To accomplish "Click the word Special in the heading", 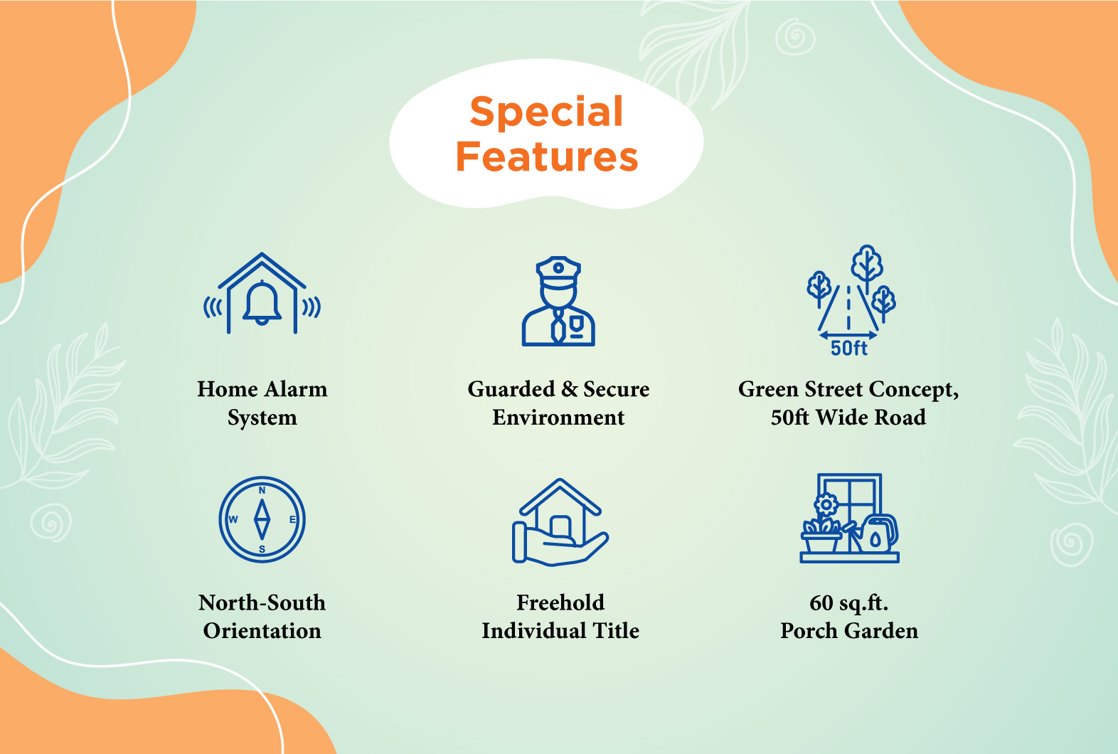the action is point(546,112).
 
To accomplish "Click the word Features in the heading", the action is point(546,156).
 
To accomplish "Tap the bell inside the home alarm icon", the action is point(262,302).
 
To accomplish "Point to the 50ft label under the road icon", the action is point(849,348).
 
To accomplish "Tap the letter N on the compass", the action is point(262,491).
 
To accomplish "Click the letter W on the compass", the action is point(233,520).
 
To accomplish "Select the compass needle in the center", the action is point(262,520).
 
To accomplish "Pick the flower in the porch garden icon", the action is point(826,505).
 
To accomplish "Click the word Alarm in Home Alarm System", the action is point(296,389).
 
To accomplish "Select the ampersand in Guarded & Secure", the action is point(569,390).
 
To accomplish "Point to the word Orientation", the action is point(262,631).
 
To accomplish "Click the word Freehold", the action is point(560,602).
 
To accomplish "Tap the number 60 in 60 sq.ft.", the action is point(821,602).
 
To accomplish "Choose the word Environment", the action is point(558,418).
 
